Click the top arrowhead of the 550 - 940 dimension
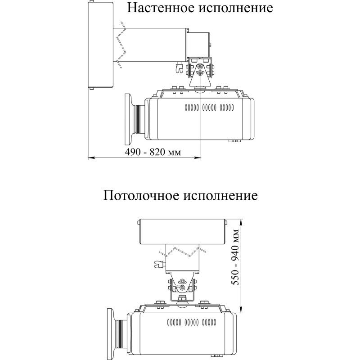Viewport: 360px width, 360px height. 242,221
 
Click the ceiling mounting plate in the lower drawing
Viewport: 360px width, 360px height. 183,231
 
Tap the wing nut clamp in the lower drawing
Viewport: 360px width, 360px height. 158,264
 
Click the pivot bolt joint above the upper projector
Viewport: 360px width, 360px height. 200,69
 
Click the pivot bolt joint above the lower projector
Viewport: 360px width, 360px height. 181,284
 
